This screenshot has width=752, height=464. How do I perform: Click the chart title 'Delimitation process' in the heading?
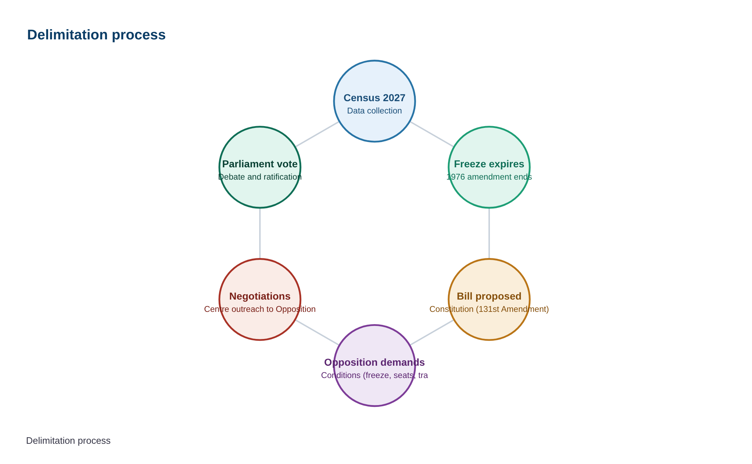pyautogui.click(x=96, y=35)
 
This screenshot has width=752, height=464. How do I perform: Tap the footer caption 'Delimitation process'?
pyautogui.click(x=68, y=441)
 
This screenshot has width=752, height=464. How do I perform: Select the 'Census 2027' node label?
pyautogui.click(x=375, y=98)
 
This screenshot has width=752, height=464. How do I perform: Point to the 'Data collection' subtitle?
pyautogui.click(x=375, y=111)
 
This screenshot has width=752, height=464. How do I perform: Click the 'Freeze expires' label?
pyautogui.click(x=489, y=164)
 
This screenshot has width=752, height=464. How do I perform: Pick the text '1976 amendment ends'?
pyautogui.click(x=489, y=177)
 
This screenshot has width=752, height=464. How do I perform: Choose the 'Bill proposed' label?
pyautogui.click(x=489, y=296)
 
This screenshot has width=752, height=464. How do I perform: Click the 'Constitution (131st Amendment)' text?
pyautogui.click(x=489, y=309)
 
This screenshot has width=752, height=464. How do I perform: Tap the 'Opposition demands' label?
pyautogui.click(x=375, y=362)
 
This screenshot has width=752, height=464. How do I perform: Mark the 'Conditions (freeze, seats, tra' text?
pyautogui.click(x=375, y=375)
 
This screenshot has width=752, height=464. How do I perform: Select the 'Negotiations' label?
pyautogui.click(x=260, y=296)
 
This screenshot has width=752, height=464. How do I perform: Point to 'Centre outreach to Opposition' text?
pyautogui.click(x=260, y=309)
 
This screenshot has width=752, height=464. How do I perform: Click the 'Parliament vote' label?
pyautogui.click(x=260, y=164)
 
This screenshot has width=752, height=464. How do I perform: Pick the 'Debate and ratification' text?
pyautogui.click(x=260, y=177)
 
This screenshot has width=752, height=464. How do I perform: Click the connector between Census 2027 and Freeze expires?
pyautogui.click(x=432, y=134)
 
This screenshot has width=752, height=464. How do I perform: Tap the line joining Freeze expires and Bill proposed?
pyautogui.click(x=489, y=233)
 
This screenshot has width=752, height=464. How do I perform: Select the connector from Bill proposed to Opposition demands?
pyautogui.click(x=432, y=332)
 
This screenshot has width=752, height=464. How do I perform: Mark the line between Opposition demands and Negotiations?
pyautogui.click(x=317, y=332)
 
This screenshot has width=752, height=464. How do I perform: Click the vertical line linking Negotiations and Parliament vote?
pyautogui.click(x=260, y=233)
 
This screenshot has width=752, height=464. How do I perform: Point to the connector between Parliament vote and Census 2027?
pyautogui.click(x=317, y=134)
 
